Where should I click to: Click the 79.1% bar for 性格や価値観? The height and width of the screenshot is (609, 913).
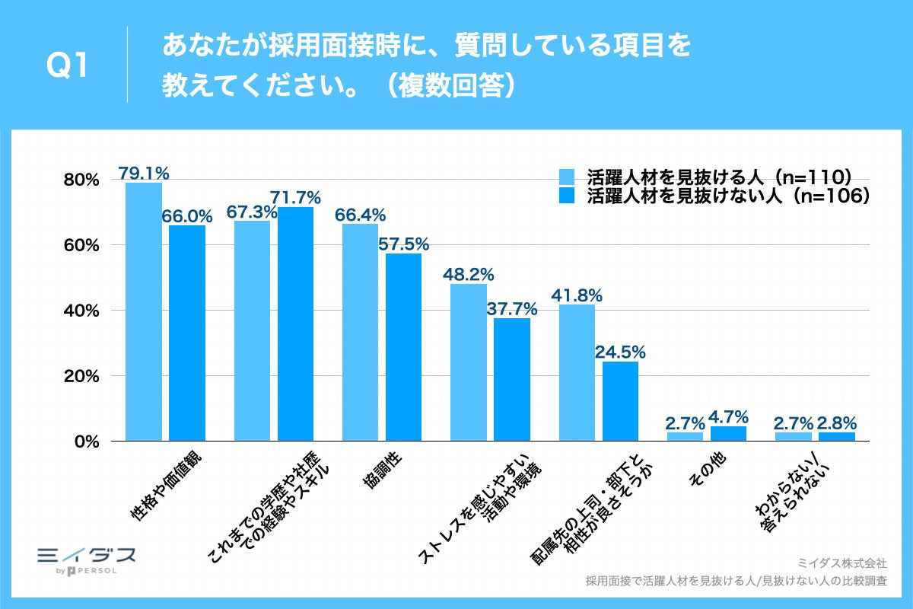point(144,312)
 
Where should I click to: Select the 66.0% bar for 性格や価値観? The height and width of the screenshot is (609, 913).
point(187,333)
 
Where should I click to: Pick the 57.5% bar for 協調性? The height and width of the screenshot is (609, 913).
point(403,347)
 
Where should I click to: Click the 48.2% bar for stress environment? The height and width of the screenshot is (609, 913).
point(469,362)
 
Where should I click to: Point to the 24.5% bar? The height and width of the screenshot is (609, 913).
point(620,401)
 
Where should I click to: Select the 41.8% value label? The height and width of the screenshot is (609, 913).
point(577,294)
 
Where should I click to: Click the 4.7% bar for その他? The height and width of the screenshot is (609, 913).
point(728,434)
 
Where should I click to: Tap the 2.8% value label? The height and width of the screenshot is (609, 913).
point(837,422)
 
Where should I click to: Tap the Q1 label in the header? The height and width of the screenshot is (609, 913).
point(66,67)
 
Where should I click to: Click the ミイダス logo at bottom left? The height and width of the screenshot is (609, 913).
point(86,558)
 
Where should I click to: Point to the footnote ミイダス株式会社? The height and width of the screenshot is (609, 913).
point(841,563)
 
